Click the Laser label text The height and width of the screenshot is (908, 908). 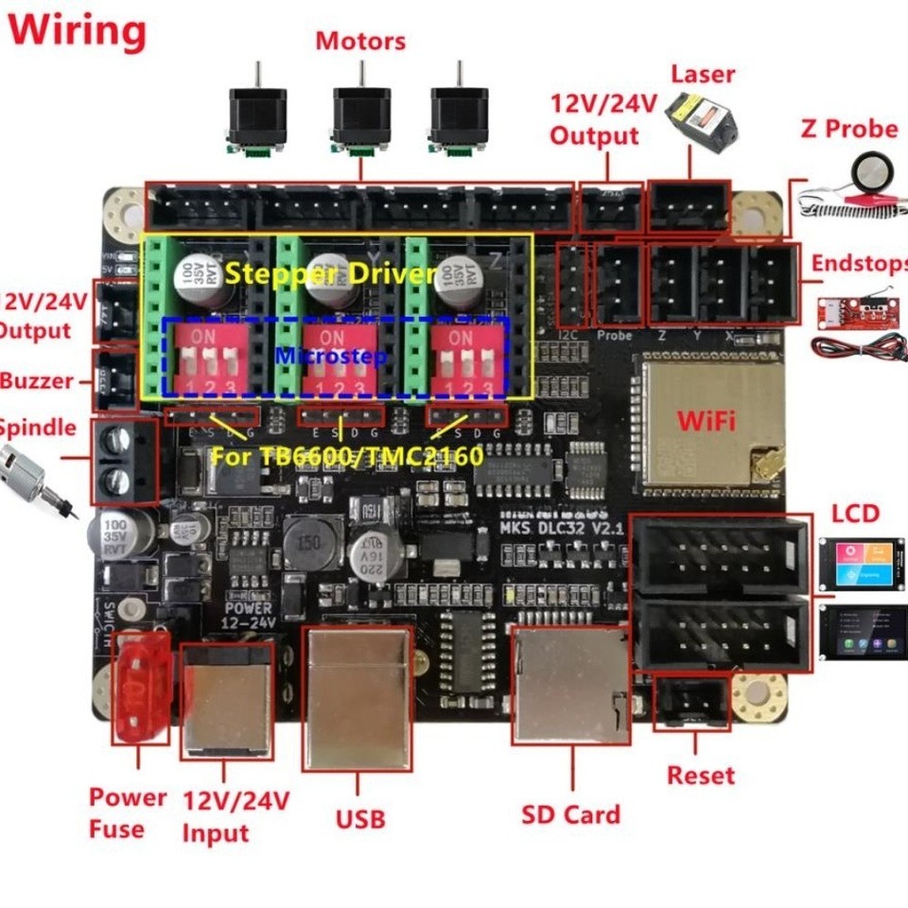click(x=702, y=74)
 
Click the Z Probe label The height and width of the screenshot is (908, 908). click(x=848, y=128)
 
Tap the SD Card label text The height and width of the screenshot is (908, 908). click(x=571, y=814)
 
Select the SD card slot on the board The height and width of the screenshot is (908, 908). click(x=571, y=684)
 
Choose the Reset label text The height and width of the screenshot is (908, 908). click(x=700, y=776)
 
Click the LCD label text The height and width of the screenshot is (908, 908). click(x=855, y=514)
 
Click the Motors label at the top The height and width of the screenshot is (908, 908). click(x=360, y=42)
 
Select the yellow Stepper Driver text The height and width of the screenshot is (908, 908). click(x=331, y=275)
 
